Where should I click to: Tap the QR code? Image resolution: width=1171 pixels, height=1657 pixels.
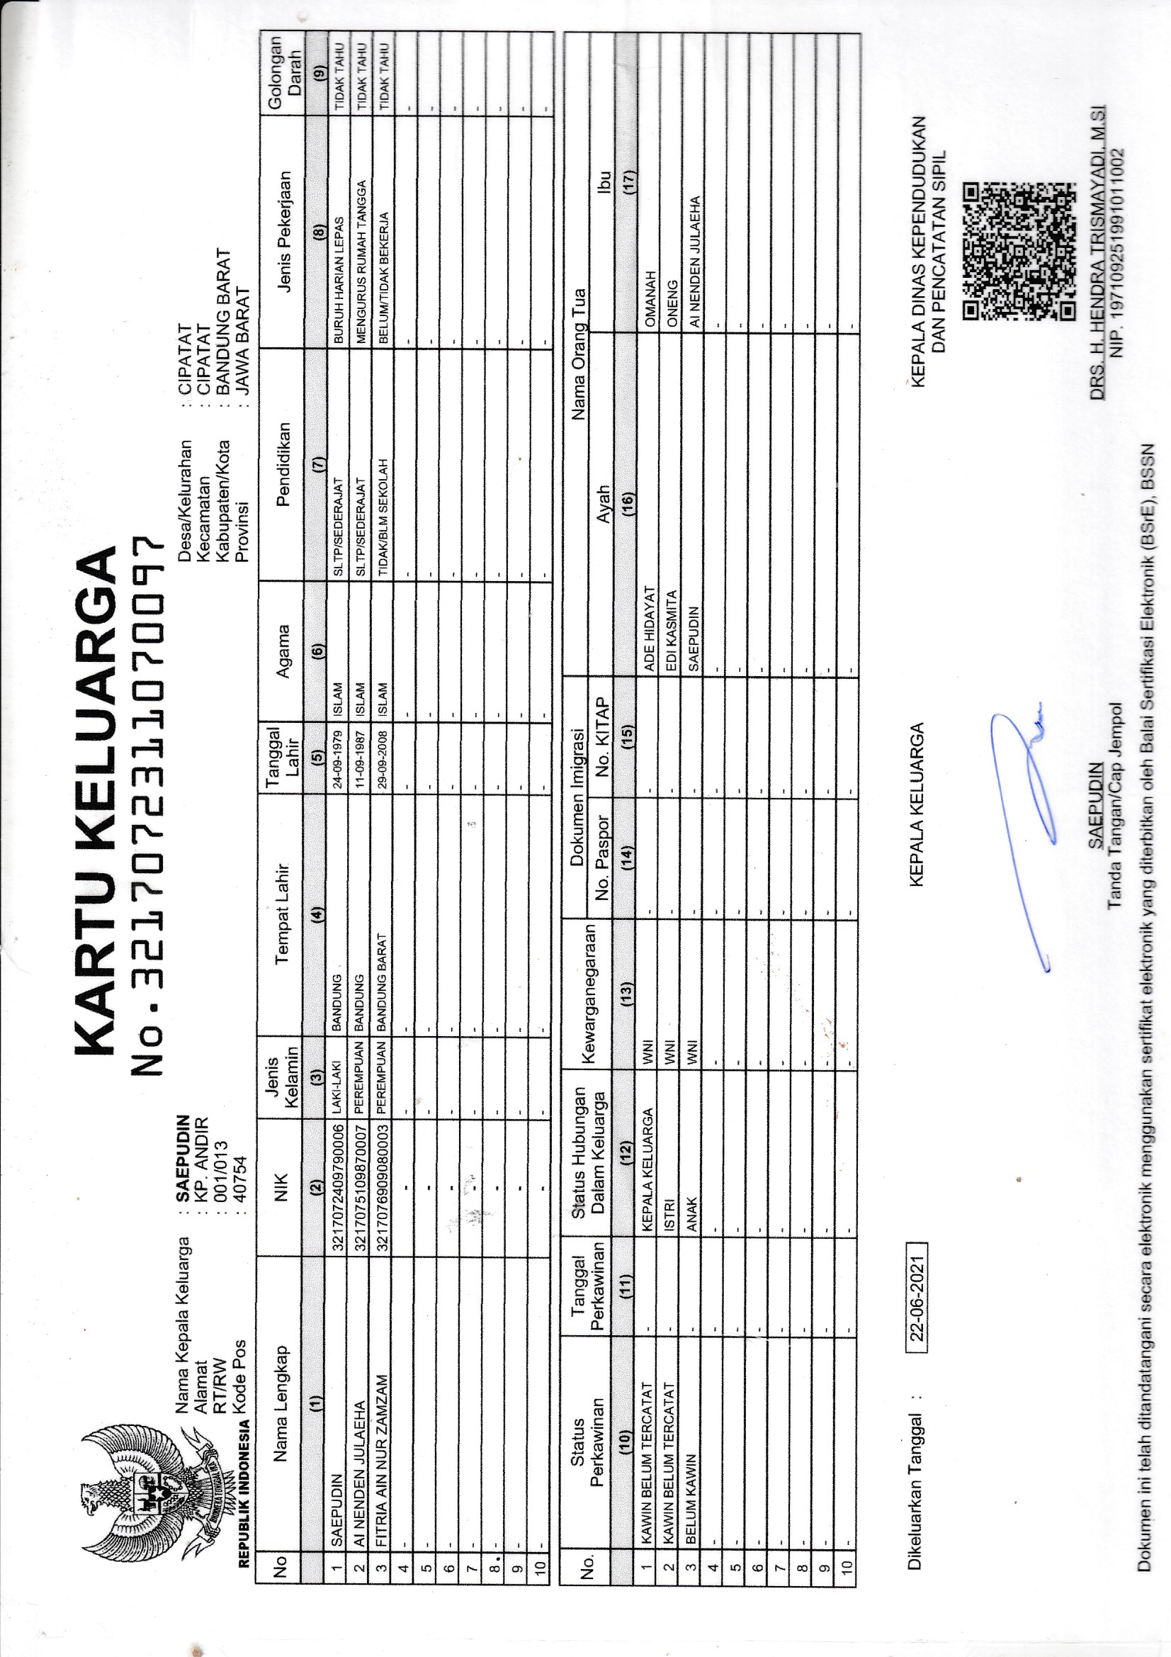click(1019, 251)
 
